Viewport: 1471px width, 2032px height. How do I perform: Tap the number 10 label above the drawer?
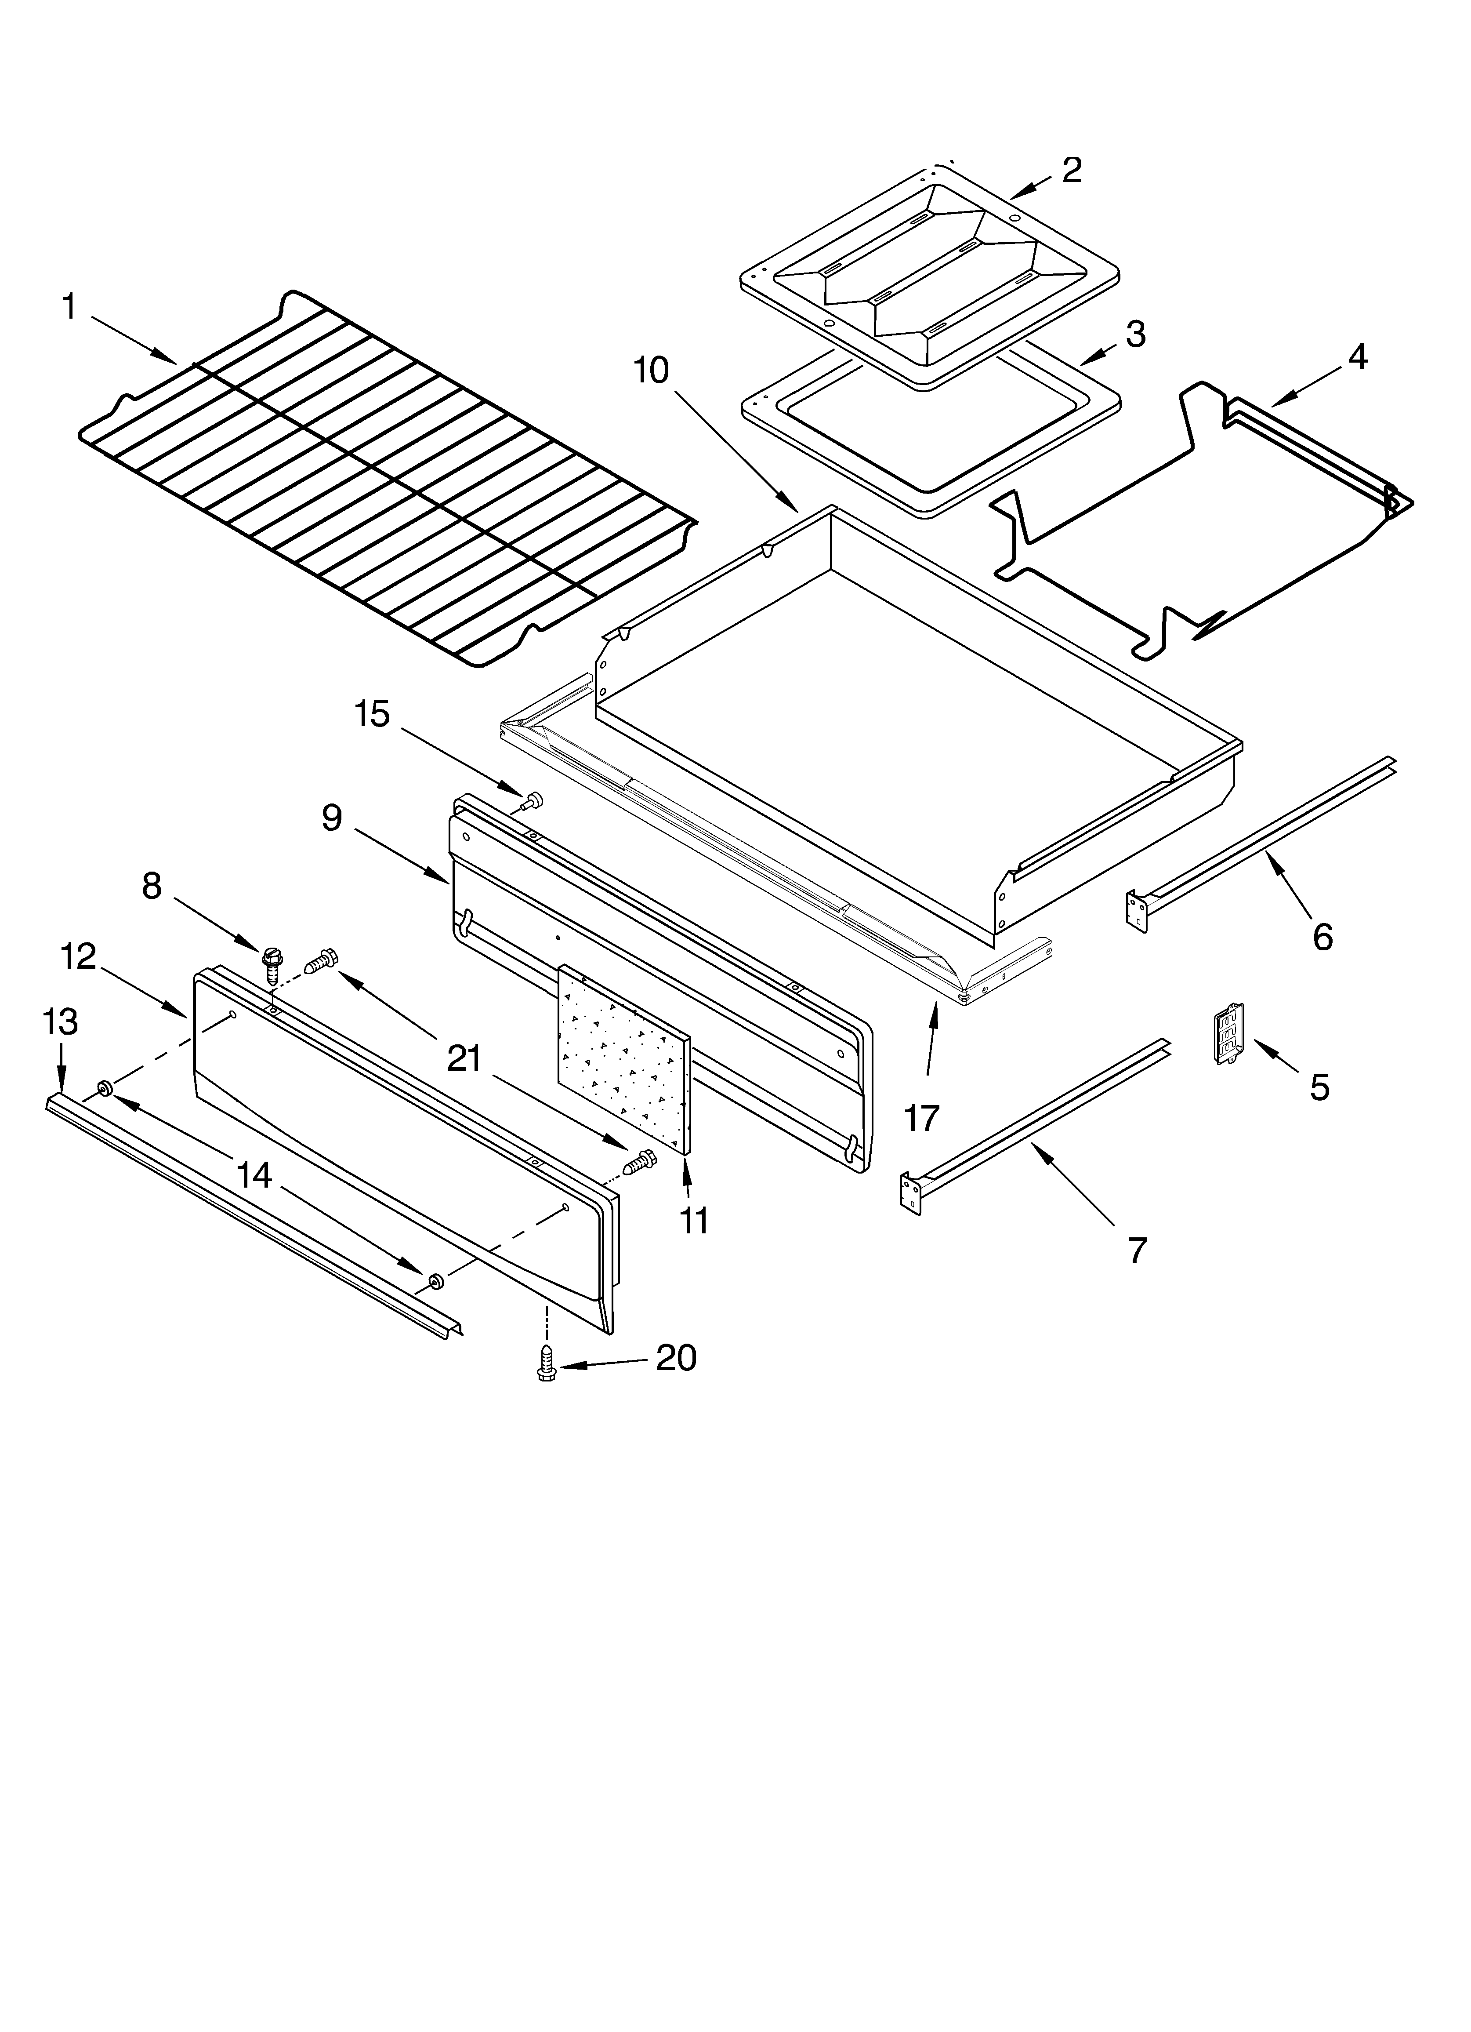click(651, 370)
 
